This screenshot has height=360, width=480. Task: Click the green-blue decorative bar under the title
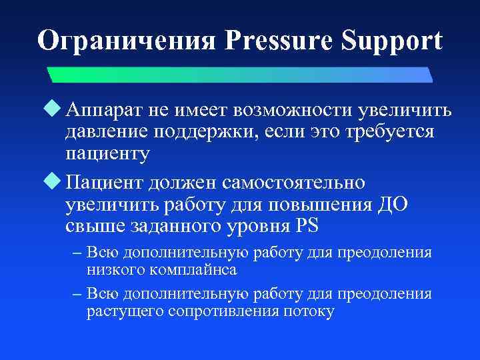point(240,73)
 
